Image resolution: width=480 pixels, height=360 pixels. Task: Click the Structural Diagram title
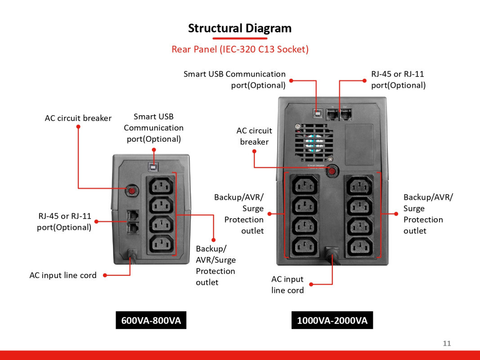240,28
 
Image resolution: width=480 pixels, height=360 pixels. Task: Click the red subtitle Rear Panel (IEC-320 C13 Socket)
240,49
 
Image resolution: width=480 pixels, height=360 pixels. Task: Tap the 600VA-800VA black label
151,320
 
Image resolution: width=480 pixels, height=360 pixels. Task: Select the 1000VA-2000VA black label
332,320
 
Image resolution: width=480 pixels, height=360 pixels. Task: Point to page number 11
447,343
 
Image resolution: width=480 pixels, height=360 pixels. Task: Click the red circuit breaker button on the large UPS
332,171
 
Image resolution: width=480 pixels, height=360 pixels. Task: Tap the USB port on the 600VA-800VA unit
154,167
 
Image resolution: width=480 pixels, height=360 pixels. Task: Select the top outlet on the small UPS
160,185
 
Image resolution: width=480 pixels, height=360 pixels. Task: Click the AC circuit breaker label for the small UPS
78,118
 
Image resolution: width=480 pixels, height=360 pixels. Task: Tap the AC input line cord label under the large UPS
287,285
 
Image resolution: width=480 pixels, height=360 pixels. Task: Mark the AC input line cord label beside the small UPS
63,275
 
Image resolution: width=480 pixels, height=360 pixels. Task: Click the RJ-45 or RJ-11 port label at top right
398,80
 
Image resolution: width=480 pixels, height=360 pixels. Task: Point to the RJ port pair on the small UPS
133,221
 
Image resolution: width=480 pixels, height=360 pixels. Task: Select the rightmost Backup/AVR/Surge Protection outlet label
428,214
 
